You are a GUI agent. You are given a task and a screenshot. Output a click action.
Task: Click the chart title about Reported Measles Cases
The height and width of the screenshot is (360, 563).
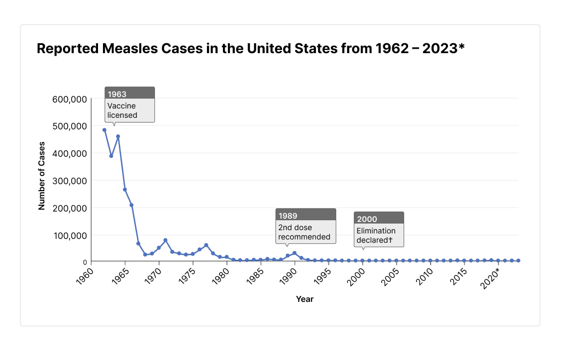250,49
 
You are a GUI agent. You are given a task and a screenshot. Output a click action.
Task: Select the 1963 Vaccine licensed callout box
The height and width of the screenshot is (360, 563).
130,104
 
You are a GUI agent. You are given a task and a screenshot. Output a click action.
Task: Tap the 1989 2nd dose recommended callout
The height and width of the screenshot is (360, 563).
306,226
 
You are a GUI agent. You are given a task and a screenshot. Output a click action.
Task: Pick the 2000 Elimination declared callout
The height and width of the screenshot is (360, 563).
378,229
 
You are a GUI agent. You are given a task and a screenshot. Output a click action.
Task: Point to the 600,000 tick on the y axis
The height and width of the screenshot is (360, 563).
69,99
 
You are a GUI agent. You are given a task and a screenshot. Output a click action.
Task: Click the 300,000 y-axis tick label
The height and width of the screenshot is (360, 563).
69,181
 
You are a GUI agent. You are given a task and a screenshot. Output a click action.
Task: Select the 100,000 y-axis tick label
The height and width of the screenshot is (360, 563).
69,236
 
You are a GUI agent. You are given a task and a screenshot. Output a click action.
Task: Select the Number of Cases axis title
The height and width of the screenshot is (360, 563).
42,176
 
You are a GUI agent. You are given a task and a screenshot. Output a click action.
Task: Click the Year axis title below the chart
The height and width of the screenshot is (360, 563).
305,299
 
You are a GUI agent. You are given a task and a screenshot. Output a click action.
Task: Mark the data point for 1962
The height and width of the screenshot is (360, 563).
104,130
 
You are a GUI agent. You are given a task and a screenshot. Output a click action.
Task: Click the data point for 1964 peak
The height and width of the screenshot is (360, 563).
118,136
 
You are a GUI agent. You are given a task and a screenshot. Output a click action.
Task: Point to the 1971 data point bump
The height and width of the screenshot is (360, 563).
165,240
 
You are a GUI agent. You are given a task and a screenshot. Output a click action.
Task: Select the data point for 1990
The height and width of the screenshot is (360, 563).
294,253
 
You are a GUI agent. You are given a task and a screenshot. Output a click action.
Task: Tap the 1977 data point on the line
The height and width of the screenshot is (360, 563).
206,245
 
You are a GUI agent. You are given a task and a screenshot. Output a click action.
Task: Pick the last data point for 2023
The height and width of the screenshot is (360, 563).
518,261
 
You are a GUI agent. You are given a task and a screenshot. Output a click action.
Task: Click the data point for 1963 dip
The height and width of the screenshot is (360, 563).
111,156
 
